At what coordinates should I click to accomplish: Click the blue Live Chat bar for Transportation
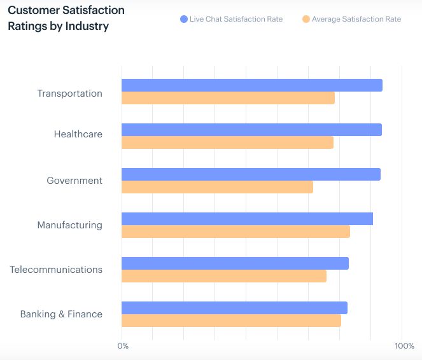(x=251, y=85)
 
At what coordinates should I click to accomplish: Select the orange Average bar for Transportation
(x=228, y=98)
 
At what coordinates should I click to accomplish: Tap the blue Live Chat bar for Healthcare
(x=251, y=130)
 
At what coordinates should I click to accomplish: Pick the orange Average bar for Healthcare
(x=227, y=142)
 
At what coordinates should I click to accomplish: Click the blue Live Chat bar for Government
(x=251, y=174)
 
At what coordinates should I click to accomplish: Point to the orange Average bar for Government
(x=217, y=187)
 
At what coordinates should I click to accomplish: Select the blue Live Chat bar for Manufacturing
(x=247, y=219)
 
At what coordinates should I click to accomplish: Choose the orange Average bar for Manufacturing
(x=236, y=232)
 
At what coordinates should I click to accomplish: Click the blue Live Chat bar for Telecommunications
(x=235, y=263)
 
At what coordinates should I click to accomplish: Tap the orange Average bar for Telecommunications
(x=224, y=276)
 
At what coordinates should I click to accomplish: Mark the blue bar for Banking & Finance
(x=234, y=308)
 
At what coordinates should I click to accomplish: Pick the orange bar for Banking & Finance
(x=231, y=321)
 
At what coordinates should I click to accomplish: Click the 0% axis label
(x=123, y=346)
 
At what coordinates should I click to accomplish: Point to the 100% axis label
(x=404, y=346)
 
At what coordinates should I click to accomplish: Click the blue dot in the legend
(x=184, y=19)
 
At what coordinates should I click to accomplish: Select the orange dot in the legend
(x=306, y=19)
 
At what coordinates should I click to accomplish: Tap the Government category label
(x=74, y=181)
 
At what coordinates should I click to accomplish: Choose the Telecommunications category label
(x=56, y=270)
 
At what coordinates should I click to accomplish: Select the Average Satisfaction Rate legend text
(x=356, y=19)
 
